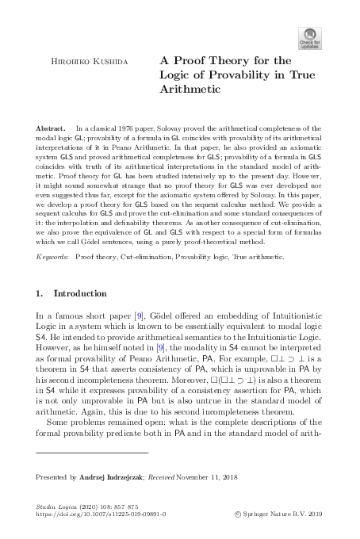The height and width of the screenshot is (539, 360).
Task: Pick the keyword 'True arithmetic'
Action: tap(265, 258)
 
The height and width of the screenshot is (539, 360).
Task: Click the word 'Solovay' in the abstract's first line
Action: tap(190, 128)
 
